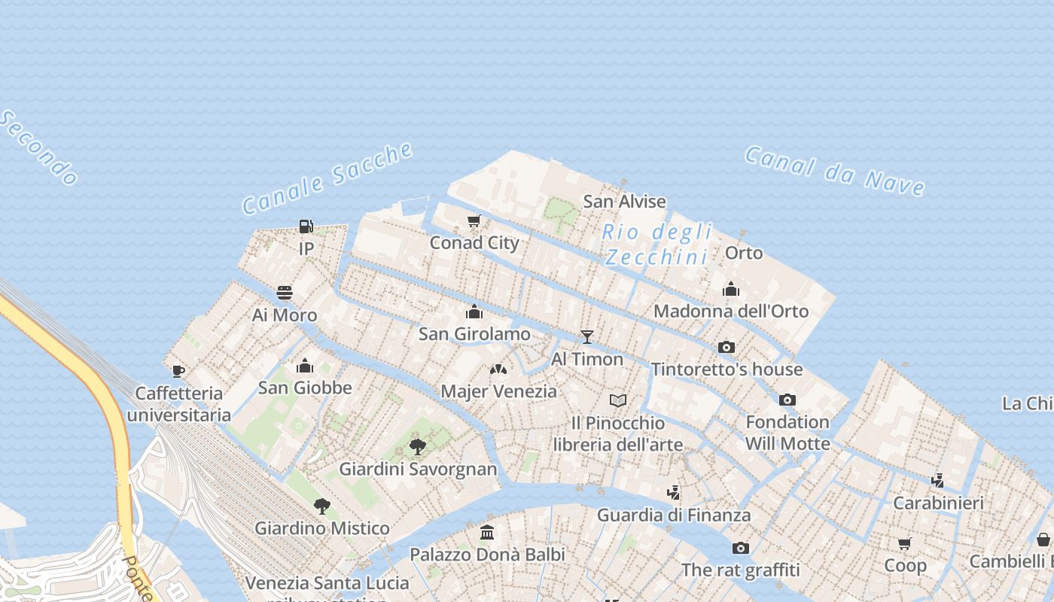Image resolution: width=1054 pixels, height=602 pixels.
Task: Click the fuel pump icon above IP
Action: (306, 227)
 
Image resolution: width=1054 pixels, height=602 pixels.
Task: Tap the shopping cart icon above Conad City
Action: (474, 220)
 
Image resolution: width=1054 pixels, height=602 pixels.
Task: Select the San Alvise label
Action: (624, 202)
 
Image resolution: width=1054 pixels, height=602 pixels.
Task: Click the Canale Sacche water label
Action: (327, 178)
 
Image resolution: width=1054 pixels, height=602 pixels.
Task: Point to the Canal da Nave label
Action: (834, 171)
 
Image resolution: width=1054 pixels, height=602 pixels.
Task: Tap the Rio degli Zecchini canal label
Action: (657, 245)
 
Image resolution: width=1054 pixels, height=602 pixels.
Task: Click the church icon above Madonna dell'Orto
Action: (730, 290)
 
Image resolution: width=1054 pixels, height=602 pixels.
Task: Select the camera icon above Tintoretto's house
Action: (726, 347)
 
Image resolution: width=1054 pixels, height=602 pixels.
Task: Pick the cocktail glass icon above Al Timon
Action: (587, 337)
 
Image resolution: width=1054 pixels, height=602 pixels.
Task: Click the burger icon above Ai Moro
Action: (285, 293)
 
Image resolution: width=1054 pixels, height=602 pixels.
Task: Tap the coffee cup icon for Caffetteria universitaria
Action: (178, 371)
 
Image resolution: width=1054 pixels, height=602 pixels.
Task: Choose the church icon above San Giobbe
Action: (304, 366)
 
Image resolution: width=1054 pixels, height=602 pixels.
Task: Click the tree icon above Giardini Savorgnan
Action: (417, 447)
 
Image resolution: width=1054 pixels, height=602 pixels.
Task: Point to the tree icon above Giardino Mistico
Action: (322, 506)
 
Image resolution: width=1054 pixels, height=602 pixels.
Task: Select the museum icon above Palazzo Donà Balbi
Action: (487, 532)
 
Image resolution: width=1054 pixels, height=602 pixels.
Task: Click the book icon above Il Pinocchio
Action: (618, 400)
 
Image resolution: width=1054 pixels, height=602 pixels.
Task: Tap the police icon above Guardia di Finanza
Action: (673, 493)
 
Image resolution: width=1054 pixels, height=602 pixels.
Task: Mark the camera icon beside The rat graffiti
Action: (741, 548)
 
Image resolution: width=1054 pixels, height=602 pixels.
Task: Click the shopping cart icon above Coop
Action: (904, 543)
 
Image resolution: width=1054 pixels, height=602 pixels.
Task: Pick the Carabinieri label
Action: (938, 503)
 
